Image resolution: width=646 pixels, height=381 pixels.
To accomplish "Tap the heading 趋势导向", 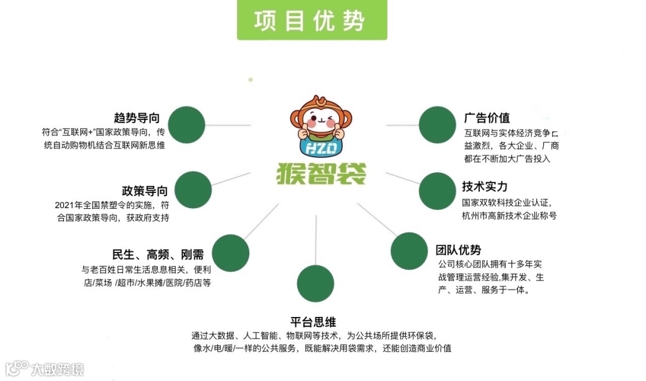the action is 140,117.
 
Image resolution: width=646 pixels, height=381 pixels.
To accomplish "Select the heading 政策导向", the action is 145,191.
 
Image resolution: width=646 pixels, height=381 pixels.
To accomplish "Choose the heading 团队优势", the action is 458,249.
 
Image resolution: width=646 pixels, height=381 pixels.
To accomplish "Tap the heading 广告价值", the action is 487,117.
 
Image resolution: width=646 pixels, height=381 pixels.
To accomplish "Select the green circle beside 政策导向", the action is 193,190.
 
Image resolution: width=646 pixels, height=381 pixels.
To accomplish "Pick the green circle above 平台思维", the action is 315,283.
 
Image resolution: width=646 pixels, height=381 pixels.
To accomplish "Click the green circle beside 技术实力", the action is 437,191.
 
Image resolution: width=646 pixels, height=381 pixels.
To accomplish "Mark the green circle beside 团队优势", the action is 409,251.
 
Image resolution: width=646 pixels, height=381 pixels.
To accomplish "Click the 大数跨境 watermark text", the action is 58,368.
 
